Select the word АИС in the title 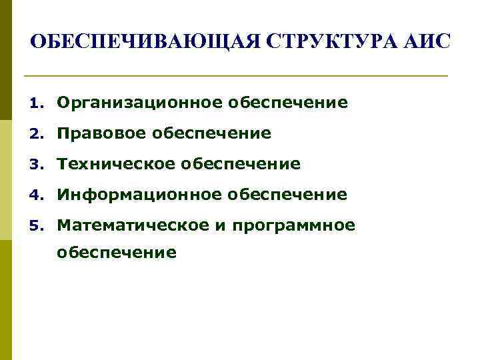pos(428,42)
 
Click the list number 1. pos(36,103)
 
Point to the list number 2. pos(36,134)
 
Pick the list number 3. pos(36,165)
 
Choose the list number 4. pos(36,195)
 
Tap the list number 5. pos(36,226)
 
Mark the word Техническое pos(117,164)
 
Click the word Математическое pos(133,225)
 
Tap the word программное pos(294,226)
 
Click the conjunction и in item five pos(220,226)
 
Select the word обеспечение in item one pos(288,103)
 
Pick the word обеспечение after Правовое pos(212,133)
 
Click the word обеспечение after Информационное pos(287,195)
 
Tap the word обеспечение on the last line pos(117,253)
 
